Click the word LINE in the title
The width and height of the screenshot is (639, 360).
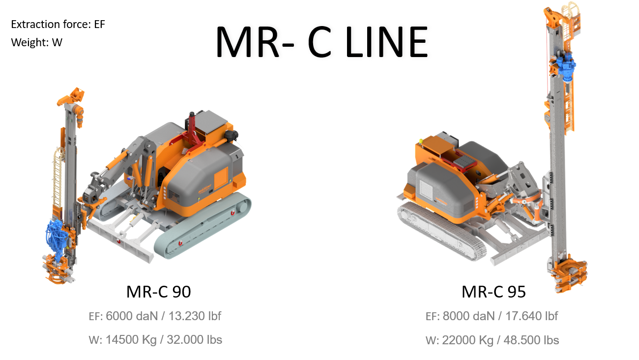(386, 42)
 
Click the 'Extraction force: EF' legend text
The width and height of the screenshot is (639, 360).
(58, 24)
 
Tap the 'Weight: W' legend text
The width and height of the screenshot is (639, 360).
(36, 42)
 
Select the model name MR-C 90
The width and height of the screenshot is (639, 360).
(159, 292)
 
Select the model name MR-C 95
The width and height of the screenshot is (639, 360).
(494, 292)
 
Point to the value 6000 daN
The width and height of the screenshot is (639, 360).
(132, 316)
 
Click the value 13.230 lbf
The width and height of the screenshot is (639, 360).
(195, 316)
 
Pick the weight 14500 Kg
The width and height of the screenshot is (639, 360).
(131, 340)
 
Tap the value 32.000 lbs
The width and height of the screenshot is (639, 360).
(194, 340)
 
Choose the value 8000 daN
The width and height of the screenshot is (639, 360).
(469, 316)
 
